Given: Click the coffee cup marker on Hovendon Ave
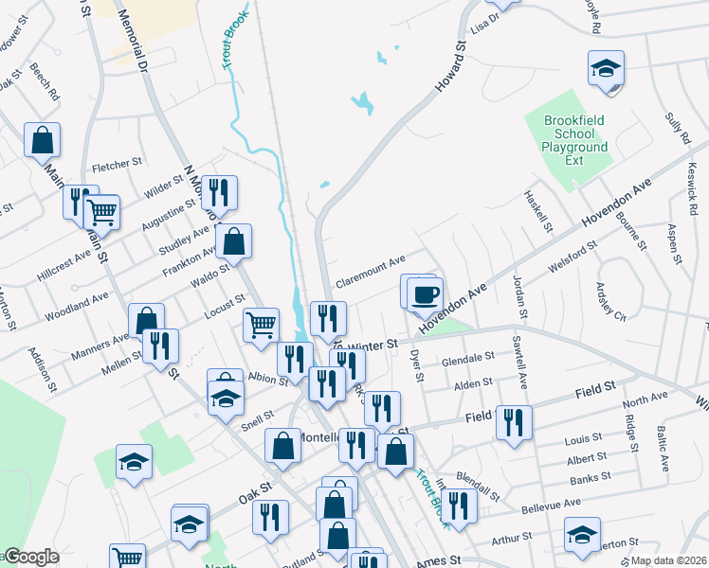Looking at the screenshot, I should [x=424, y=292].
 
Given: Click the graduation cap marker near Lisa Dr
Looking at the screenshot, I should [x=606, y=69].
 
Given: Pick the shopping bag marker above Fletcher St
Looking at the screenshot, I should [x=43, y=140].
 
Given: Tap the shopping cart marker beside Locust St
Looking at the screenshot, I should [x=261, y=326].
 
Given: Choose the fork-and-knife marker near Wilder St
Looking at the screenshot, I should [x=219, y=193].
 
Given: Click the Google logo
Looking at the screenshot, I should [x=30, y=557].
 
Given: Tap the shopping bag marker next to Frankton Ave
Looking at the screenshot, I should [x=234, y=242].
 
